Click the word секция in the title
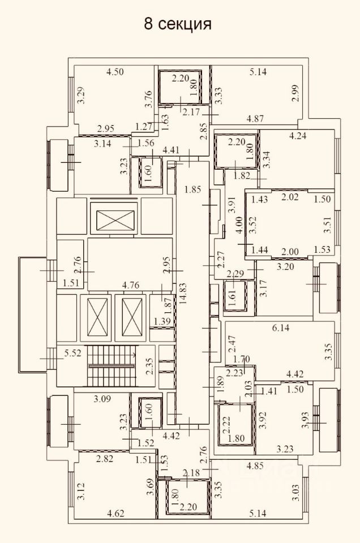pos(185,24)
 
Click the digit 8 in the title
pos(148,24)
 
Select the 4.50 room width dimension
pos(115,72)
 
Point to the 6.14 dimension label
pos(281,327)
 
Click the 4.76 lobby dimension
pos(130,285)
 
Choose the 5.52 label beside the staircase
pos(73,353)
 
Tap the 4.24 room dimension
pos(297,136)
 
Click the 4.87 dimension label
pos(255,118)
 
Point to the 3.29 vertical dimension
pos(82,95)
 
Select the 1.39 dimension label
pos(162,321)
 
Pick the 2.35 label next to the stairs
pos(149,367)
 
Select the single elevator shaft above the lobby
pos(114,219)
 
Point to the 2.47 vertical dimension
pos(232,344)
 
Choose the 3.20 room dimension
pos(285,266)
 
